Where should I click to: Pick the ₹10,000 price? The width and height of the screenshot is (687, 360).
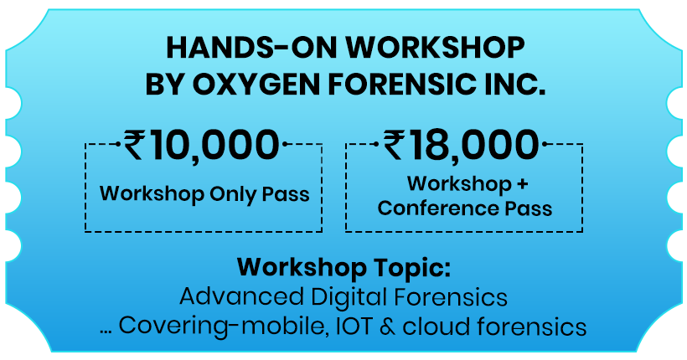point(201,145)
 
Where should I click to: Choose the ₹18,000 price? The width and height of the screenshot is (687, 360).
point(461,145)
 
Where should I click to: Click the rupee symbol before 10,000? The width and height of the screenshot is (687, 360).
point(134,145)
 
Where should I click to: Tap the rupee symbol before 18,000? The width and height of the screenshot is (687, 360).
point(395,145)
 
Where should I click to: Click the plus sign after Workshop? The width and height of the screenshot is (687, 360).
point(522,184)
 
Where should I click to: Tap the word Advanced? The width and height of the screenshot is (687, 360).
point(241,297)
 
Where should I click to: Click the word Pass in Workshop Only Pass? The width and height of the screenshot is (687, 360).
point(286,194)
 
